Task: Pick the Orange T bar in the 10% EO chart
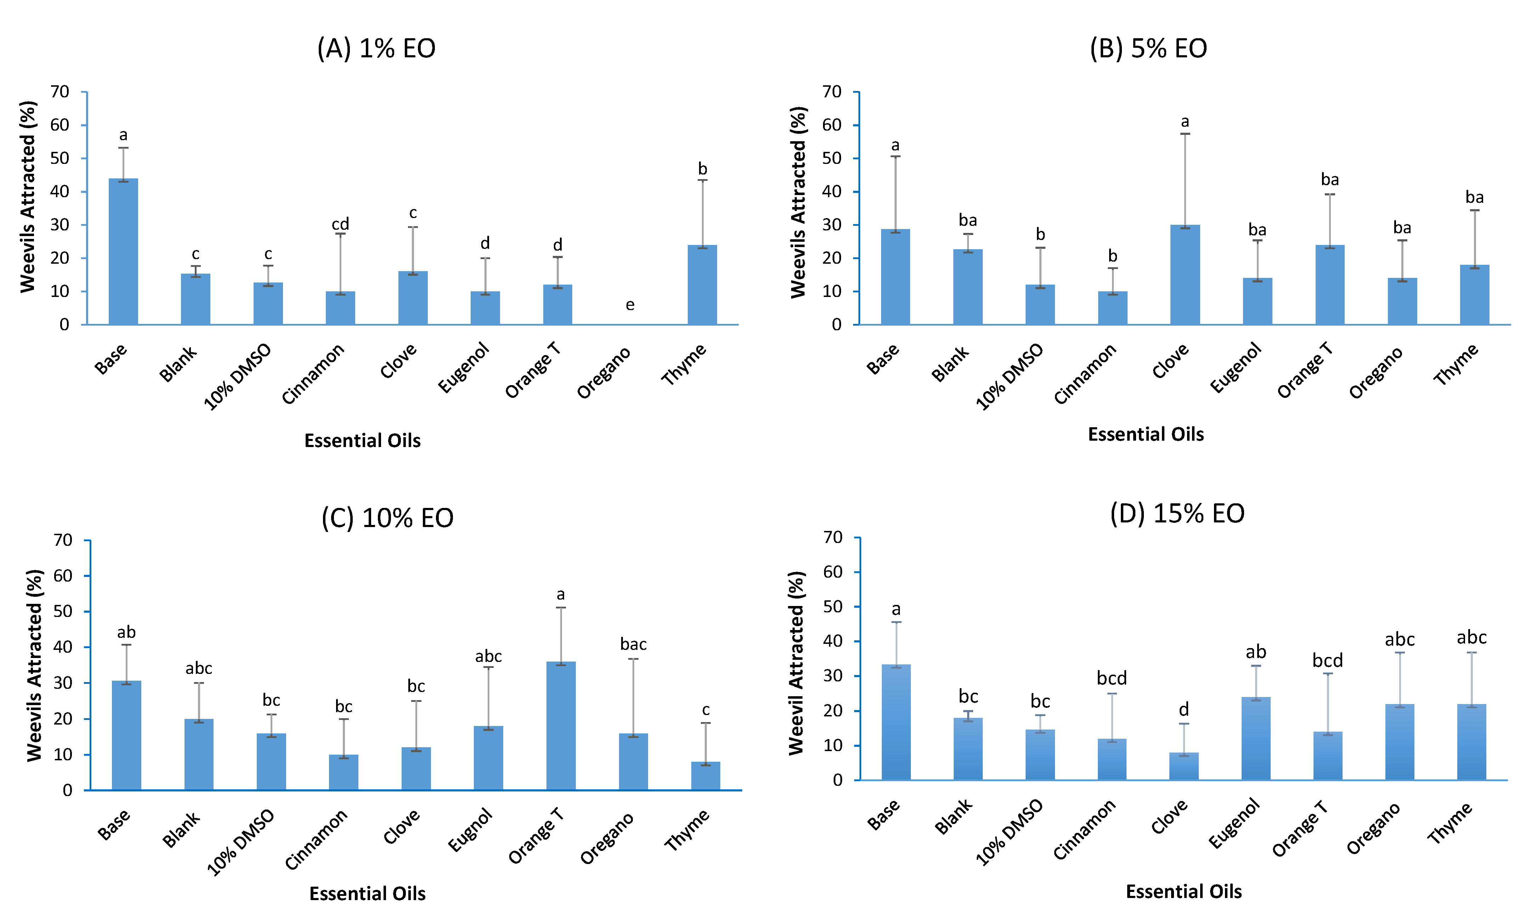561,726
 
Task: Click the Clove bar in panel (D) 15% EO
1184,766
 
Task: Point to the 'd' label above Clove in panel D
1184,709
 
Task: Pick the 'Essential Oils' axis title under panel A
363,441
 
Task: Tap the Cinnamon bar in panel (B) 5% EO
1112,308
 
